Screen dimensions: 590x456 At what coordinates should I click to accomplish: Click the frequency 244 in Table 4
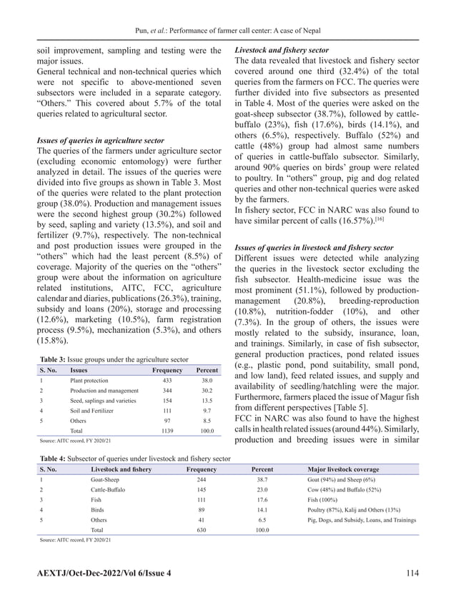[x=202, y=481]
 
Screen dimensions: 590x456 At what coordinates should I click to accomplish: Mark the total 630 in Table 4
[x=202, y=531]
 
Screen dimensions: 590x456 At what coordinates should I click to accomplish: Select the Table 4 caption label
[x=54, y=458]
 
